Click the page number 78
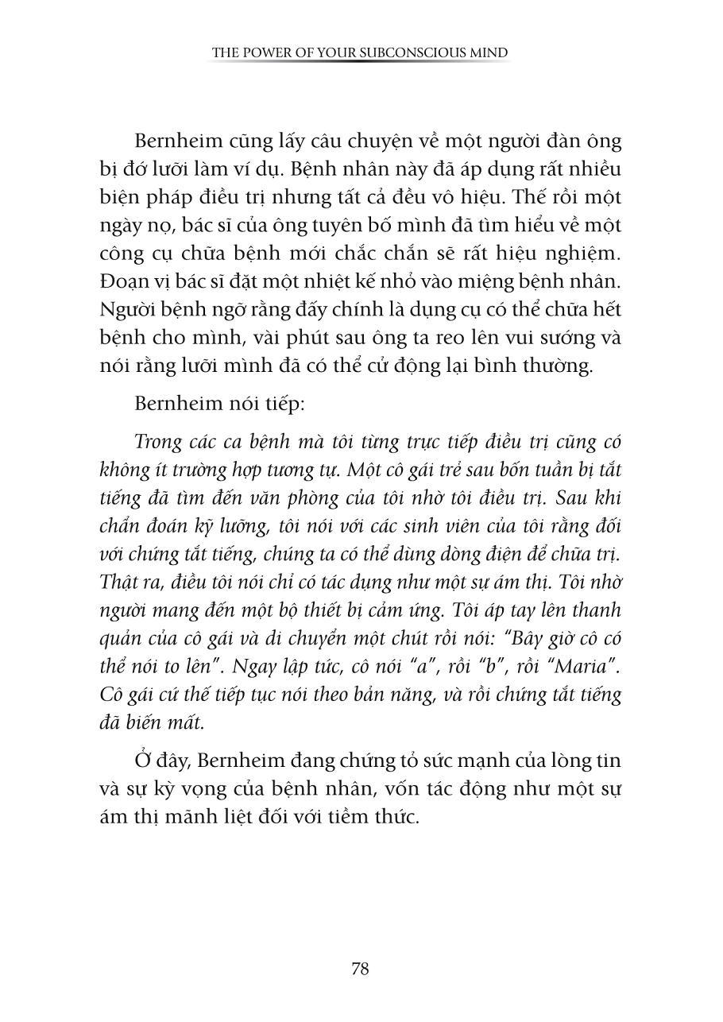pyautogui.click(x=360, y=969)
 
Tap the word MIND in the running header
pyautogui.click(x=492, y=53)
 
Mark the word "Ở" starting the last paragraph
pyautogui.click(x=143, y=760)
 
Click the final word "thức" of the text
pyautogui.click(x=396, y=816)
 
